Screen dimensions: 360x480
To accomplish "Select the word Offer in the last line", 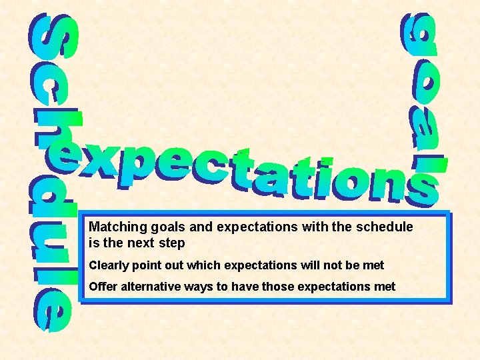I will pos(102,287).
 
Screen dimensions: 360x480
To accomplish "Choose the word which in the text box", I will pos(204,265).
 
